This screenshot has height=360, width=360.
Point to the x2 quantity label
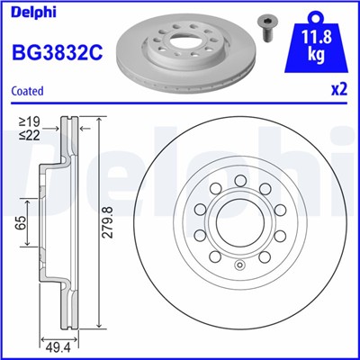pyautogui.click(x=339, y=90)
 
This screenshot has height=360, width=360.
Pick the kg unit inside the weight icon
pyautogui.click(x=317, y=55)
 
